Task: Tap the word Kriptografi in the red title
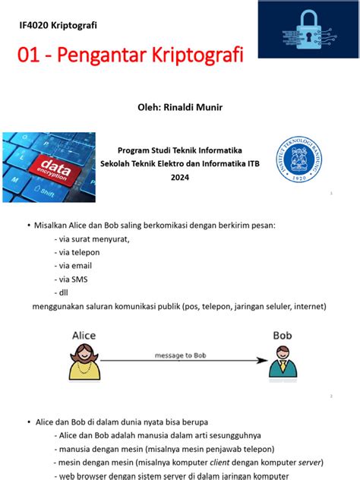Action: point(192,55)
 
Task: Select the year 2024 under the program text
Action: point(179,177)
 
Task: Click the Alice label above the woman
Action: point(84,335)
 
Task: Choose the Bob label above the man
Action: point(283,335)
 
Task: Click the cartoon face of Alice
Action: point(84,356)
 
